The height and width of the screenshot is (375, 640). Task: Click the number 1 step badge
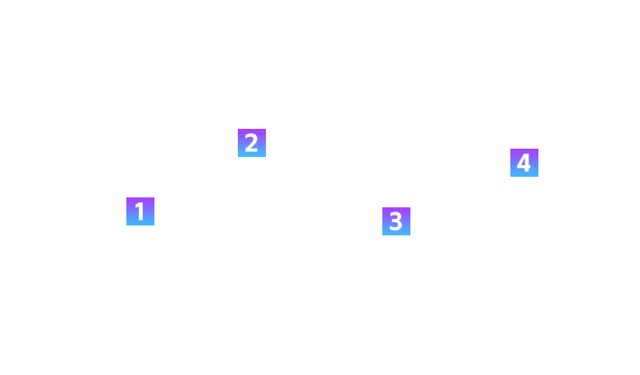(x=140, y=211)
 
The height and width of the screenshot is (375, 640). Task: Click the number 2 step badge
(x=251, y=143)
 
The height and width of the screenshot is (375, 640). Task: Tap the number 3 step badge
(x=396, y=221)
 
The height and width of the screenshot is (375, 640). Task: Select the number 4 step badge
(x=524, y=163)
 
